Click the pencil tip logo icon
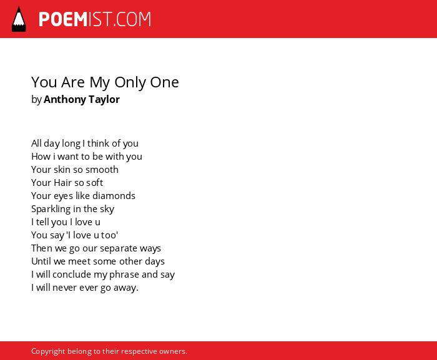click(19, 19)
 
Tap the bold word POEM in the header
click(63, 19)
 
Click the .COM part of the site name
click(132, 19)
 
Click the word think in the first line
click(98, 144)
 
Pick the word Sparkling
click(51, 209)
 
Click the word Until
click(41, 261)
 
